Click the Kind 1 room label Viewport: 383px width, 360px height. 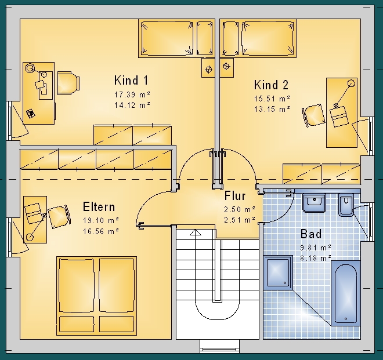coord(131,81)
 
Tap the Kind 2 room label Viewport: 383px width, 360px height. coord(271,85)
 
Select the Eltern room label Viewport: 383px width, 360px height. coord(99,207)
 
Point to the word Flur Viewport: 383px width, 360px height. coord(235,196)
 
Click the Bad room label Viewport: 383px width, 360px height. coord(311,234)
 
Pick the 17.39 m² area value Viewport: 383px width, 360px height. coord(132,94)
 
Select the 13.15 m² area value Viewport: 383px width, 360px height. coord(272,109)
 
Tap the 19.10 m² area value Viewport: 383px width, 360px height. coord(101,220)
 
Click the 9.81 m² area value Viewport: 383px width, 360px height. coord(316,248)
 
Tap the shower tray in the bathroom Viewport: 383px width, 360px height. coord(278,272)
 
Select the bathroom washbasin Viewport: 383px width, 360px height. coord(314,203)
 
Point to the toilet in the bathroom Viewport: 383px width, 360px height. coord(346,205)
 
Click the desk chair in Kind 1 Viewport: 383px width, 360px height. coord(68,83)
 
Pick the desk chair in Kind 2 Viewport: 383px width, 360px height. coord(313,115)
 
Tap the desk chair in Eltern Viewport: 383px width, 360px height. coord(59,217)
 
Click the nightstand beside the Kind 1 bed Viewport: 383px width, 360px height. coord(208,68)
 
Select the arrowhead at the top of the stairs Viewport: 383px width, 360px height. coord(196,232)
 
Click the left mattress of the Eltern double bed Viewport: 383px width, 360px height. coord(77,286)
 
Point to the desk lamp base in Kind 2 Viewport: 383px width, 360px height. coord(351,83)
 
